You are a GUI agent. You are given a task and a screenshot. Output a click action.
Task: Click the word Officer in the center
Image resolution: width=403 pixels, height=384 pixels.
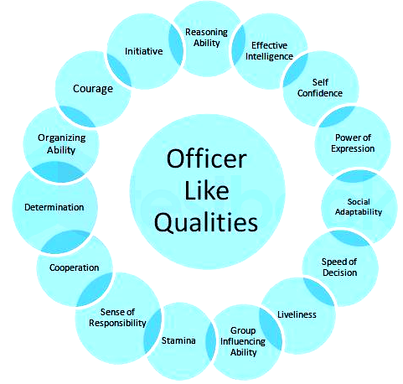pos(207,158)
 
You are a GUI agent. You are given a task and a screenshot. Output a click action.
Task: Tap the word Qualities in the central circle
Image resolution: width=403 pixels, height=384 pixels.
pos(206,222)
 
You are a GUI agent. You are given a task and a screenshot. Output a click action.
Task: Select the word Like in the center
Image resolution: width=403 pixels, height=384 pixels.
pos(207,190)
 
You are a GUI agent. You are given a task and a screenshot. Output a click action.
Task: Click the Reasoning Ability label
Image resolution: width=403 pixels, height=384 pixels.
pos(207,38)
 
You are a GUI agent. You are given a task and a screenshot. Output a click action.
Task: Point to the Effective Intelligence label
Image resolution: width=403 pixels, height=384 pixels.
pos(269,50)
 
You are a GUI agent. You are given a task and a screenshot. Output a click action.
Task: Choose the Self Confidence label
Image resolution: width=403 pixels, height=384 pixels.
pos(320,87)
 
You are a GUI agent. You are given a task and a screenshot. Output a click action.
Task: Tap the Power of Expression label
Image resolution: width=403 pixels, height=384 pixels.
pos(353,143)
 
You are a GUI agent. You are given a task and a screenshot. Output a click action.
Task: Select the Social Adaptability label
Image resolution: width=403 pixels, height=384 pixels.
pos(359,207)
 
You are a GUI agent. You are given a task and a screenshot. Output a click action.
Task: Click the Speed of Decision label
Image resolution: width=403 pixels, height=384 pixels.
pos(339,267)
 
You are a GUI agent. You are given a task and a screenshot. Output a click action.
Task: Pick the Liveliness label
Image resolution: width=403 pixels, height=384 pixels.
pos(297,314)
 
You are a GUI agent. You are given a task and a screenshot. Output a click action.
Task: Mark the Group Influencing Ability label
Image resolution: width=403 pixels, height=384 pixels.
pos(243,341)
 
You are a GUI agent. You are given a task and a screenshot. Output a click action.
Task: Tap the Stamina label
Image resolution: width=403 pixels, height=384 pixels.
pos(178,340)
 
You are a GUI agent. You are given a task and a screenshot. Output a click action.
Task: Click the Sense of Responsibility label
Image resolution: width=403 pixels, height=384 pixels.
pos(117,318)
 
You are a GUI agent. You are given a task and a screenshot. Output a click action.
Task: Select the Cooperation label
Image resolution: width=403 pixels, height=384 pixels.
pos(74,267)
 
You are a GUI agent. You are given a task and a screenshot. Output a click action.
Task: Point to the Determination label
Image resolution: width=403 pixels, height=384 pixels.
pos(54,207)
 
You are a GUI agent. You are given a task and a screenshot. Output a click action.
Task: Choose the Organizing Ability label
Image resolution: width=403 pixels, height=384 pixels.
pos(62,143)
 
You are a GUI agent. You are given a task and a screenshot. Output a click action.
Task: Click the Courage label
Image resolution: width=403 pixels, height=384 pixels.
pos(93,89)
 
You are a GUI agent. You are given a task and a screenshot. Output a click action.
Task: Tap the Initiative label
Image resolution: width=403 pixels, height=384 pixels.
pos(144,51)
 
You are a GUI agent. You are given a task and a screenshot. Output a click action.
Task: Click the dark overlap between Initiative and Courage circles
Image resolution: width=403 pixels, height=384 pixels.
pos(119,70)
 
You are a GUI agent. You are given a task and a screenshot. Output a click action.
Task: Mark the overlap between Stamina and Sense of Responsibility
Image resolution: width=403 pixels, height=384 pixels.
pos(152,331)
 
